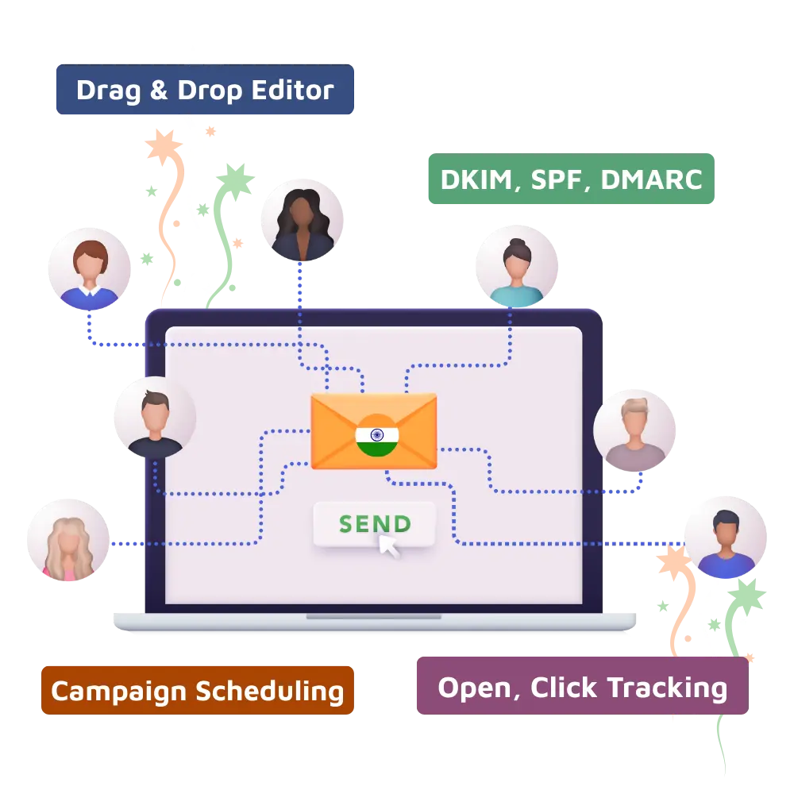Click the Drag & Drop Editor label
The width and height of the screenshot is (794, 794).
pyautogui.click(x=203, y=91)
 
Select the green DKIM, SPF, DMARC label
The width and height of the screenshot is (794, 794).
pyautogui.click(x=571, y=179)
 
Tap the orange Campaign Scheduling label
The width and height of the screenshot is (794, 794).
pyautogui.click(x=197, y=690)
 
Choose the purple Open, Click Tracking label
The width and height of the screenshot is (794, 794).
pyautogui.click(x=581, y=687)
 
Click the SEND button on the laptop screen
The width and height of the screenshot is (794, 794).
pyautogui.click(x=374, y=524)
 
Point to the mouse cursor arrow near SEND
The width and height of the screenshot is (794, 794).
pyautogui.click(x=388, y=545)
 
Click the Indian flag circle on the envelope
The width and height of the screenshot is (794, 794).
pyautogui.click(x=376, y=435)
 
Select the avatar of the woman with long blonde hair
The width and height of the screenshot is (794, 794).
pyautogui.click(x=67, y=540)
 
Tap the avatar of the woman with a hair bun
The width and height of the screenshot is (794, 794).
pyautogui.click(x=515, y=266)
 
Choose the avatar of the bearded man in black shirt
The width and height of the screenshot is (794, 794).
pyautogui.click(x=154, y=418)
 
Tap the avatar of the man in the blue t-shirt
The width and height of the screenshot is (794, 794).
pyautogui.click(x=724, y=538)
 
